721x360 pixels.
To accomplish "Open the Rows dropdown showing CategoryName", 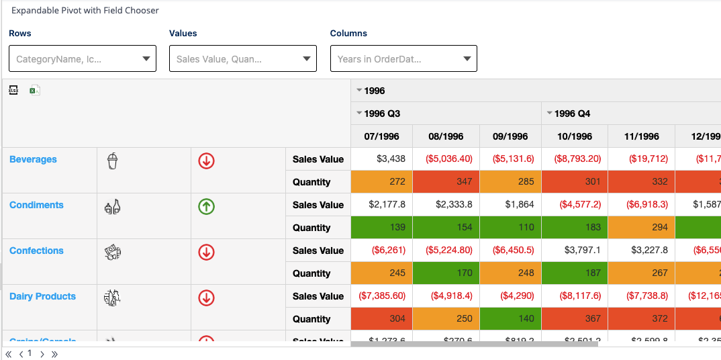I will (x=83, y=58).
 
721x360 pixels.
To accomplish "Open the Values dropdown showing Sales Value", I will (x=243, y=58).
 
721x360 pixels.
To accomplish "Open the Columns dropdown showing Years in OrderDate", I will (x=403, y=58).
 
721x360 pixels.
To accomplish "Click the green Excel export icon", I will (x=35, y=90).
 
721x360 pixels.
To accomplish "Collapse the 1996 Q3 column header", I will (x=360, y=114).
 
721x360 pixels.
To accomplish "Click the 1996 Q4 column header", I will (x=572, y=114).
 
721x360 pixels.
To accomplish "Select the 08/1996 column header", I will (x=446, y=136).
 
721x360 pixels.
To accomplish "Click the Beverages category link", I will (x=33, y=159).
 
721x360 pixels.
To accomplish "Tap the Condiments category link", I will (x=36, y=205).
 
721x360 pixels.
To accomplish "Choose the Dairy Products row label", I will (x=42, y=296).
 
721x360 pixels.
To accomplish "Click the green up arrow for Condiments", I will (x=207, y=206).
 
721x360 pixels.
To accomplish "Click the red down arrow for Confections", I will (x=207, y=252).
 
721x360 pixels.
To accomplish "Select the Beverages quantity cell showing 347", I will (x=446, y=182).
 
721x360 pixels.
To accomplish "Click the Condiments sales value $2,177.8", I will (x=381, y=205).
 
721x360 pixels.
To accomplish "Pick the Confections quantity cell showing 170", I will (x=446, y=273).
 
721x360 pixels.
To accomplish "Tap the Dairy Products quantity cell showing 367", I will (x=575, y=319).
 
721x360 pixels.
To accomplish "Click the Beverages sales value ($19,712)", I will (x=640, y=159).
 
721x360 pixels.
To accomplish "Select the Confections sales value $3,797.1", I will (x=575, y=251).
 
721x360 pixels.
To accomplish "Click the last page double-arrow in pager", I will (x=54, y=354).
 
